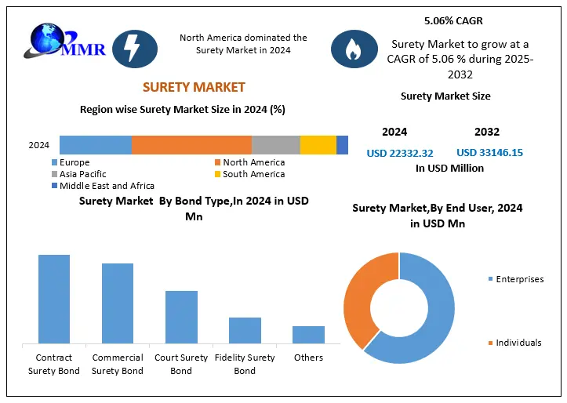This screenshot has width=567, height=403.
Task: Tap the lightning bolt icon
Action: [135, 48]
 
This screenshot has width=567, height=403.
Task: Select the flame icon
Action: [354, 48]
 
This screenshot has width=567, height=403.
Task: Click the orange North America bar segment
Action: [191, 145]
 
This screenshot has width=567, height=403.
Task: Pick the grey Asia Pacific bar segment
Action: [275, 145]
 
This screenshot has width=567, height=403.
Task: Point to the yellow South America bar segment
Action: [318, 145]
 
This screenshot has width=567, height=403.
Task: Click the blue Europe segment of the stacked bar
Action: [95, 145]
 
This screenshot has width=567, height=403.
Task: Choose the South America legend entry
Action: [249, 174]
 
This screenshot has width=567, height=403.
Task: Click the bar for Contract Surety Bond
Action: [53, 299]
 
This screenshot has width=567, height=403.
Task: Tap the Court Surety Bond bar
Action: [181, 317]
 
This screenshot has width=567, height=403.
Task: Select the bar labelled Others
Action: [308, 335]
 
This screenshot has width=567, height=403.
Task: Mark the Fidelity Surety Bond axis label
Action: [245, 364]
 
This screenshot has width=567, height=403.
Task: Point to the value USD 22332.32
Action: [400, 153]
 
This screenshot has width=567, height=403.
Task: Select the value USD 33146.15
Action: [490, 153]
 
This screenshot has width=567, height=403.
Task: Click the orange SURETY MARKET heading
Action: [194, 87]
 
